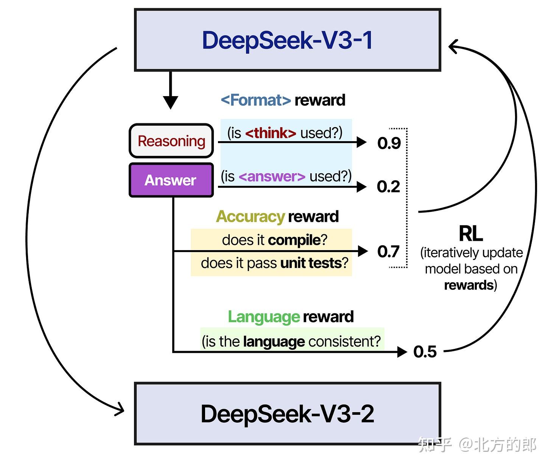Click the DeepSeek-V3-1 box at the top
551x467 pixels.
point(288,40)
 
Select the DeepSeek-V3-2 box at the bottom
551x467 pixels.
point(288,413)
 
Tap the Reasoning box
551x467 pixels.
point(171,141)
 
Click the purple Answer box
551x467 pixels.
point(171,180)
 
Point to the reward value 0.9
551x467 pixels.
point(389,143)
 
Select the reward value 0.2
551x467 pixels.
point(388,187)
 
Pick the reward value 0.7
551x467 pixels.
point(388,252)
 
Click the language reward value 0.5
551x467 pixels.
point(425,352)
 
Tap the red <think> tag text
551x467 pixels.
point(271,133)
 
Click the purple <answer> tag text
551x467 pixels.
point(272,177)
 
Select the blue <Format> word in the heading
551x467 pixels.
point(256,100)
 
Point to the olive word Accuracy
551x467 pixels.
point(250,217)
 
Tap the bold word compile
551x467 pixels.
point(294,240)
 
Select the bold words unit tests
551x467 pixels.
point(311,263)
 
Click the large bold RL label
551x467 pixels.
point(470,233)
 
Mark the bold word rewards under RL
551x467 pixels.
point(469,285)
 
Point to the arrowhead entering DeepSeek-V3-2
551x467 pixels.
point(120,409)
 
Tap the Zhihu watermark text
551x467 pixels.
point(477,445)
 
